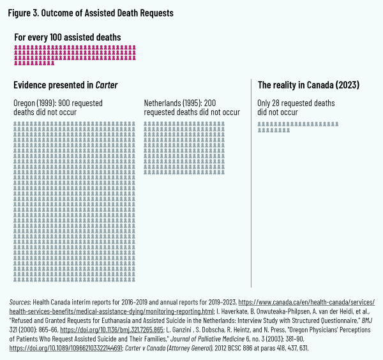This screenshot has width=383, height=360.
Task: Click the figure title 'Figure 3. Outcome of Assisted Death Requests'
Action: click(91, 13)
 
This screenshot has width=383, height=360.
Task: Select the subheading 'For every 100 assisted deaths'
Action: click(68, 37)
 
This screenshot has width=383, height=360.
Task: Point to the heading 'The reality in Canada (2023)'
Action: click(308, 85)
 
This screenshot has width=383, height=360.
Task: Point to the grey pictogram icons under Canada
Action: click(297, 126)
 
